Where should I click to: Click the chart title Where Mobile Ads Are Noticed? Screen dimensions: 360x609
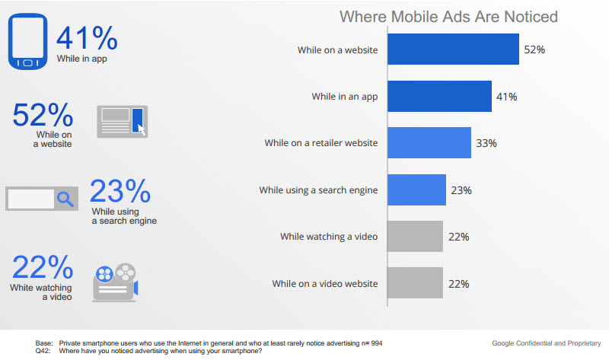click(x=448, y=17)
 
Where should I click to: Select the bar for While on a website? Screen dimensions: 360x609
click(x=454, y=49)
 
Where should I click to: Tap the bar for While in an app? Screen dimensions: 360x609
click(x=439, y=97)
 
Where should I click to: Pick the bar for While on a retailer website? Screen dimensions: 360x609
click(x=429, y=143)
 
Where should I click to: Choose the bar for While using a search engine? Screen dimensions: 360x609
click(x=416, y=190)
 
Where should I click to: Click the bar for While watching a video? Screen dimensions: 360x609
click(x=415, y=237)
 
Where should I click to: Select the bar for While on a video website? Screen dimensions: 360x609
click(x=415, y=283)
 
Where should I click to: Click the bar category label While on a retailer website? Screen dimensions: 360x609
click(x=321, y=143)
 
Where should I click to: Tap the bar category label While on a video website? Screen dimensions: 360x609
click(x=325, y=283)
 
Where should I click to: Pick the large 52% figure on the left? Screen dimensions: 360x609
click(x=43, y=115)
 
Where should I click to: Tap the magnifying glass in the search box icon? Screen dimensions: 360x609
click(x=66, y=199)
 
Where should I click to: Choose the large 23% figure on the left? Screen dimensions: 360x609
click(x=120, y=191)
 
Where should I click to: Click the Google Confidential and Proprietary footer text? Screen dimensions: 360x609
click(x=547, y=342)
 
